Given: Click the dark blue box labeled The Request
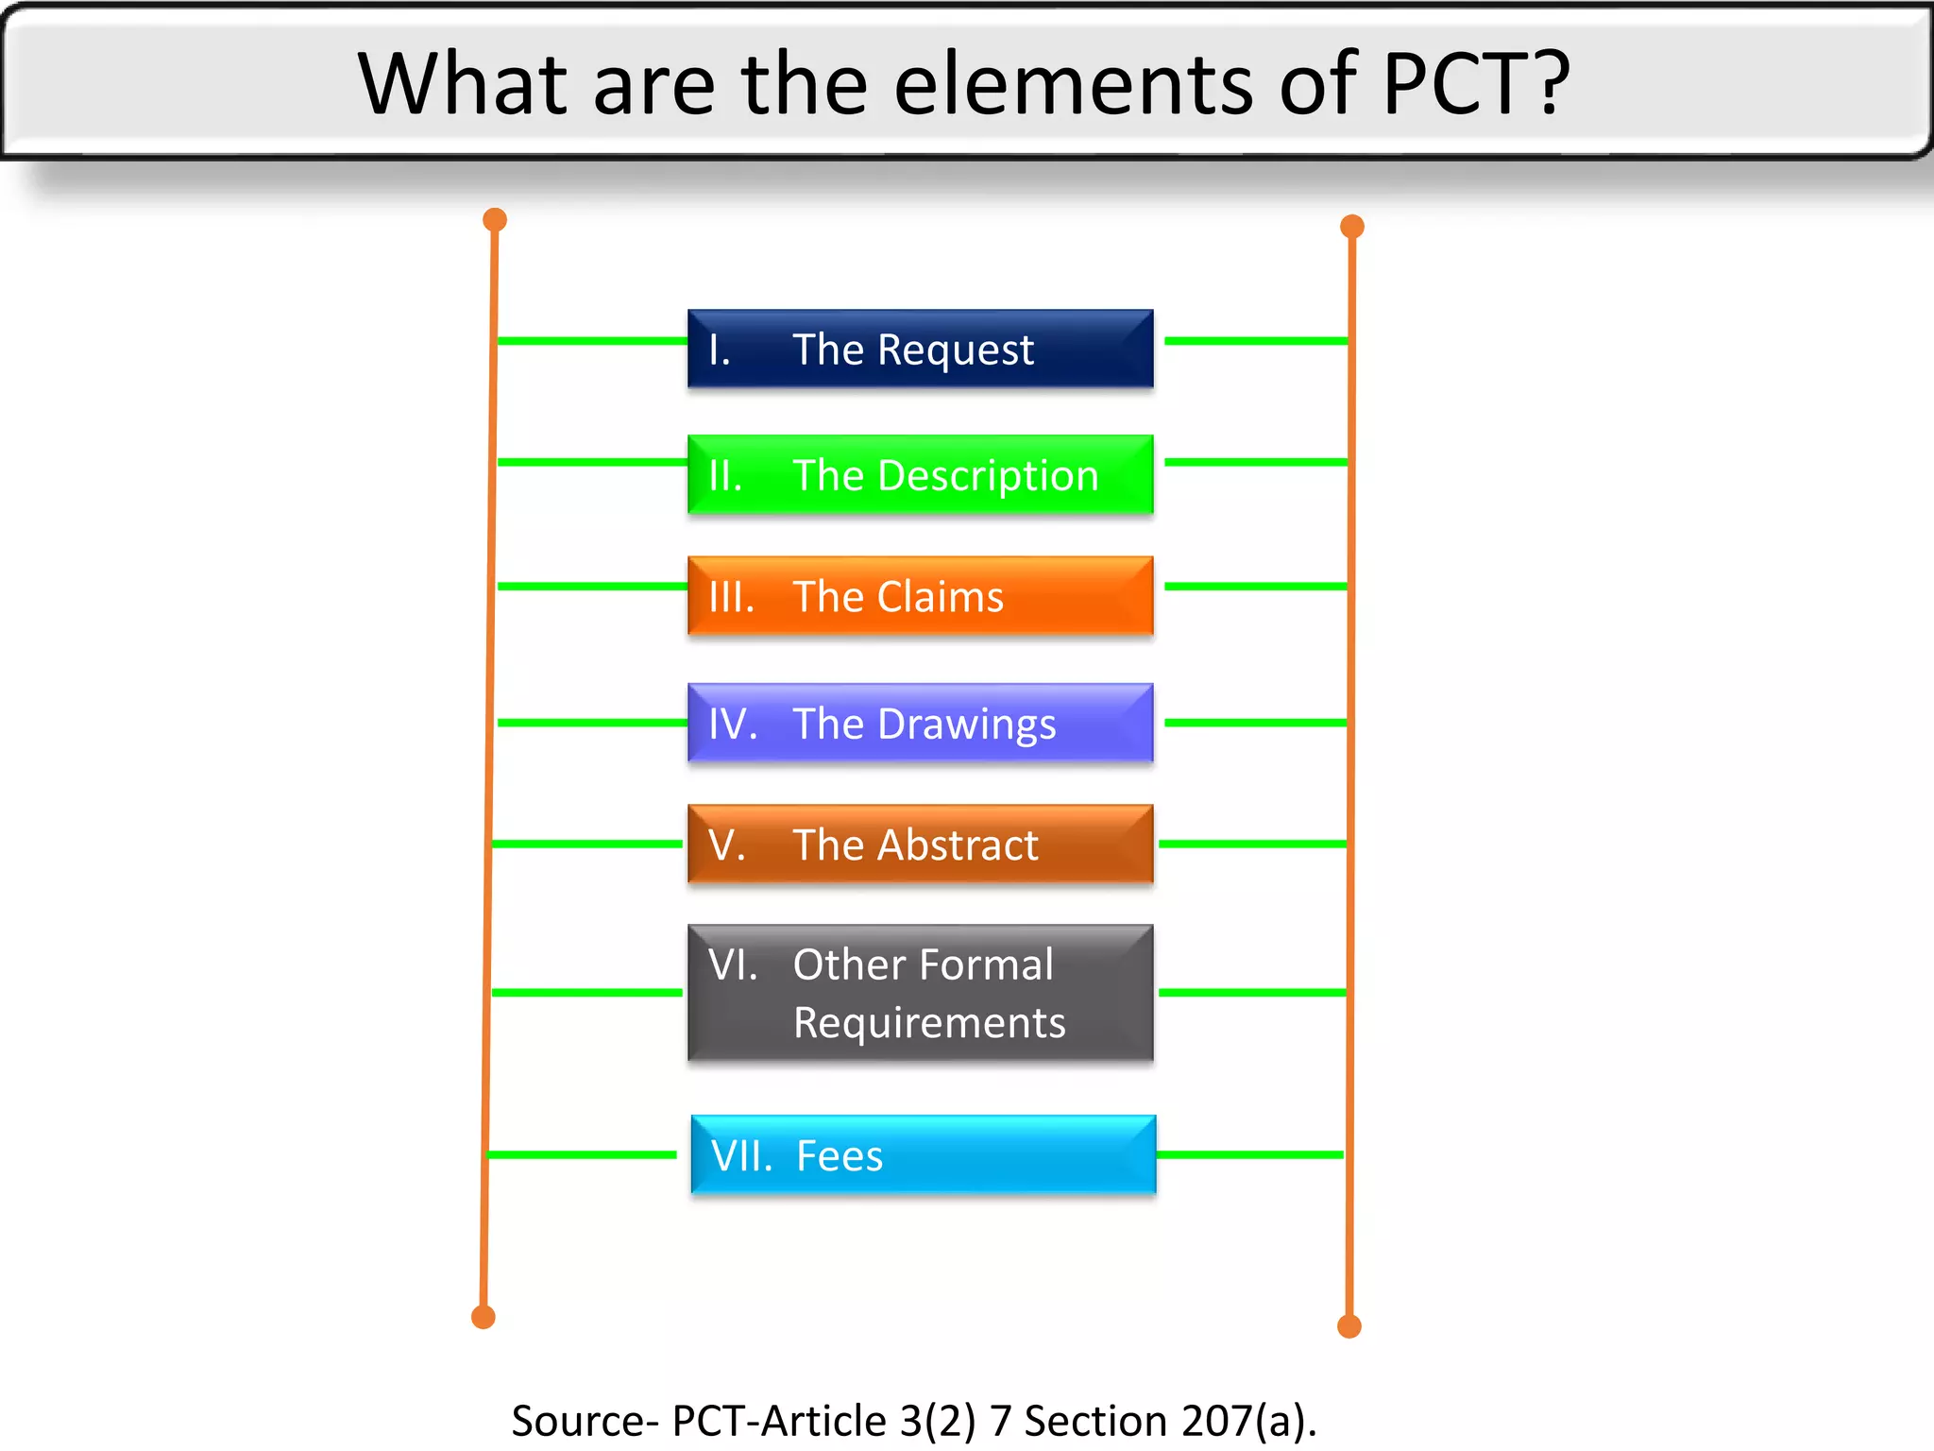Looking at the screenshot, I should point(921,349).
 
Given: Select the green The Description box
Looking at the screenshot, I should point(921,474).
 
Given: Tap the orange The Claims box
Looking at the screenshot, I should point(921,596).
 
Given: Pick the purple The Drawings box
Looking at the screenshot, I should point(921,723).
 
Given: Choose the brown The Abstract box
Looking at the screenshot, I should point(921,844).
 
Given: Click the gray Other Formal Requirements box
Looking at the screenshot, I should point(921,993).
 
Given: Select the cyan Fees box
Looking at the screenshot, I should point(924,1154).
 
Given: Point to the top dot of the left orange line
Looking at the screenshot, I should point(495,220).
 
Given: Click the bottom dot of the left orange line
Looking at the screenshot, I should point(483,1317).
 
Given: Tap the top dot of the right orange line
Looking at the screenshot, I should point(1352,227).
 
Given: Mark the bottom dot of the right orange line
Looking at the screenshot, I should point(1349,1326).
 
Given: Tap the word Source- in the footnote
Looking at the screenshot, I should point(585,1421).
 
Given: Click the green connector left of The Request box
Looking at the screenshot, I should point(592,341).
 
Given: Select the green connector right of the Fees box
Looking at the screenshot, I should point(1250,1154).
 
